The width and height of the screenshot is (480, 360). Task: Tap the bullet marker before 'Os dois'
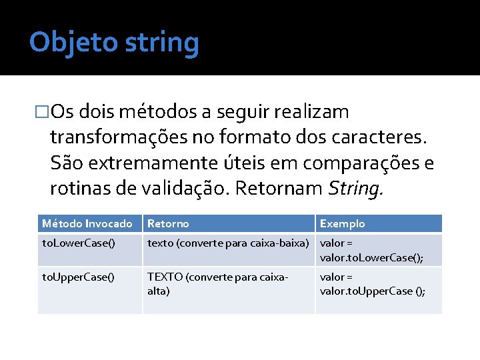click(43, 111)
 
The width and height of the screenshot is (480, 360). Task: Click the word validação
click(186, 190)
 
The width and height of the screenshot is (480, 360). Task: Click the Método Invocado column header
click(87, 223)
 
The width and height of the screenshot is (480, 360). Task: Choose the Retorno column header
click(168, 223)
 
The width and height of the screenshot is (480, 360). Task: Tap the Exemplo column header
click(343, 223)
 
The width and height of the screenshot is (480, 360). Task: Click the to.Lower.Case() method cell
click(78, 243)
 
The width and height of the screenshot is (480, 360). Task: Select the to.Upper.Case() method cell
click(78, 277)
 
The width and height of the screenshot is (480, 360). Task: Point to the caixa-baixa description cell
click(229, 243)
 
